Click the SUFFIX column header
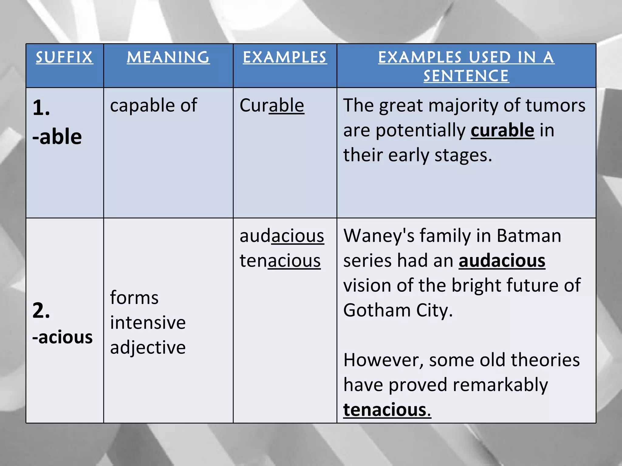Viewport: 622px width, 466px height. [64, 57]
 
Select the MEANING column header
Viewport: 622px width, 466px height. [168, 57]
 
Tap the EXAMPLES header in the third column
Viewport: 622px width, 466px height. [285, 57]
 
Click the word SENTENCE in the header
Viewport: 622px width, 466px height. [466, 76]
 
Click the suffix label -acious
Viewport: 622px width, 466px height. [63, 337]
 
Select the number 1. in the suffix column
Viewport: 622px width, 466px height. [41, 108]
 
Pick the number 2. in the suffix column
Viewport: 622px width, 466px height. [41, 311]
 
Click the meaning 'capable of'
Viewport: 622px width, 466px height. [154, 106]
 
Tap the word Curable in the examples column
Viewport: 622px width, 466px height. [272, 106]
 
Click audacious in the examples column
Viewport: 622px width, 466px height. [282, 236]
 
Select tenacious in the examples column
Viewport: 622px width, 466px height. [280, 261]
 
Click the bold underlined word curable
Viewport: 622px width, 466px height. [502, 130]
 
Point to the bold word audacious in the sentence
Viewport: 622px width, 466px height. [502, 261]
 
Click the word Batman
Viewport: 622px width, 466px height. [529, 236]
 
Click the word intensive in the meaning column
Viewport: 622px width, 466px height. [148, 322]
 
